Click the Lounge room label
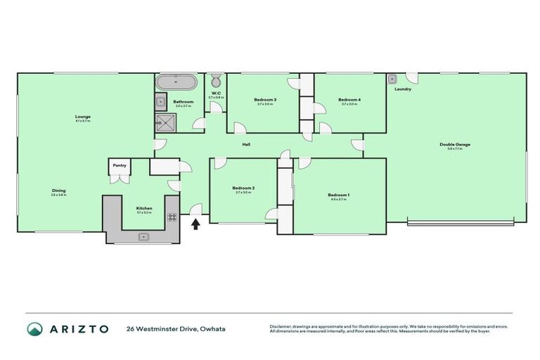(x=83, y=117)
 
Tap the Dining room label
(x=58, y=191)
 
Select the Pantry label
(x=120, y=165)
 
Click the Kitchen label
(x=143, y=208)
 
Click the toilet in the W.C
(x=216, y=79)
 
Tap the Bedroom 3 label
(x=265, y=100)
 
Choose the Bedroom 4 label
(x=349, y=100)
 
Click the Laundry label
(x=403, y=89)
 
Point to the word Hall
(x=246, y=145)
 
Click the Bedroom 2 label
(x=243, y=188)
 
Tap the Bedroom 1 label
(x=338, y=195)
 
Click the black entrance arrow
(x=195, y=224)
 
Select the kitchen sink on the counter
(x=143, y=236)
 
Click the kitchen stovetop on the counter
(x=172, y=217)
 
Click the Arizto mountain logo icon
(x=33, y=329)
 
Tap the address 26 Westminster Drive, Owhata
(x=176, y=329)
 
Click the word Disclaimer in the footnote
(x=281, y=326)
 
